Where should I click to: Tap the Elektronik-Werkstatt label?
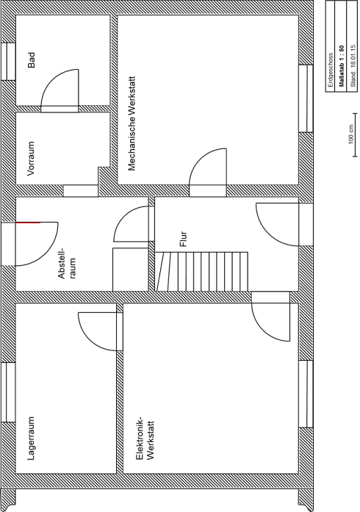click(145, 439)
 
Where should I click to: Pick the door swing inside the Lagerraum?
click(97, 330)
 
